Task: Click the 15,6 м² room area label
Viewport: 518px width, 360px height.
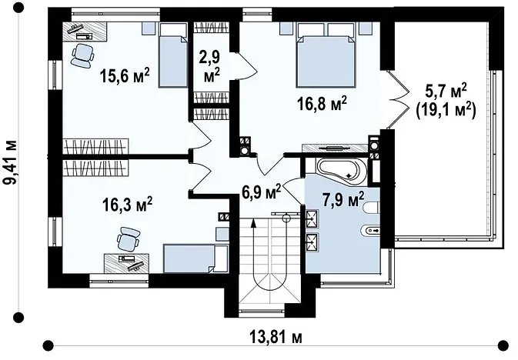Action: click(x=125, y=75)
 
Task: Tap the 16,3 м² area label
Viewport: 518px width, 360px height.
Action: click(x=127, y=204)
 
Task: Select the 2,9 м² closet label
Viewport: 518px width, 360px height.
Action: click(x=212, y=67)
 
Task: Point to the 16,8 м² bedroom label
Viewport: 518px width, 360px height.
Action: click(x=322, y=103)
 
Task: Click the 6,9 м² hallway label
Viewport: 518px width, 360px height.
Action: click(x=262, y=192)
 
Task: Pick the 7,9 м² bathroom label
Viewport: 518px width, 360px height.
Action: click(x=343, y=199)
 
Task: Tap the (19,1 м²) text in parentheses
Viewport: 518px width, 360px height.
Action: click(x=446, y=110)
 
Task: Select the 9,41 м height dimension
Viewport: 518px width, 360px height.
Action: click(x=10, y=162)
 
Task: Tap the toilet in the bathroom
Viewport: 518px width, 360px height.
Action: click(x=371, y=208)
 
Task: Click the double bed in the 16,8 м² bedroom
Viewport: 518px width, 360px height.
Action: click(x=326, y=55)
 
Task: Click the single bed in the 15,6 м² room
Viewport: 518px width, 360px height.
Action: click(x=173, y=55)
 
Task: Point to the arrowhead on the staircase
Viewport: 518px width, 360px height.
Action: click(x=253, y=223)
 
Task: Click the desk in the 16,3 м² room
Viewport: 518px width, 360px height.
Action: click(x=126, y=263)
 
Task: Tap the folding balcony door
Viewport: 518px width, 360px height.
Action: click(x=397, y=99)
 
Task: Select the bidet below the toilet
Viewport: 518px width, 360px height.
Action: click(x=370, y=230)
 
